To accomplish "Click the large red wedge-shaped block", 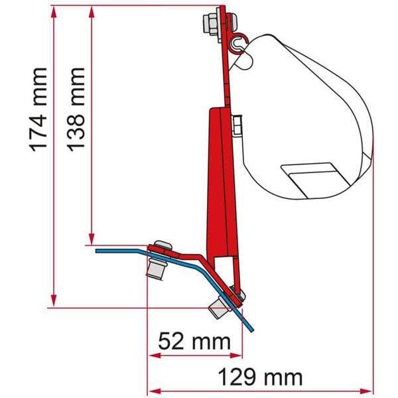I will [219, 179].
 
